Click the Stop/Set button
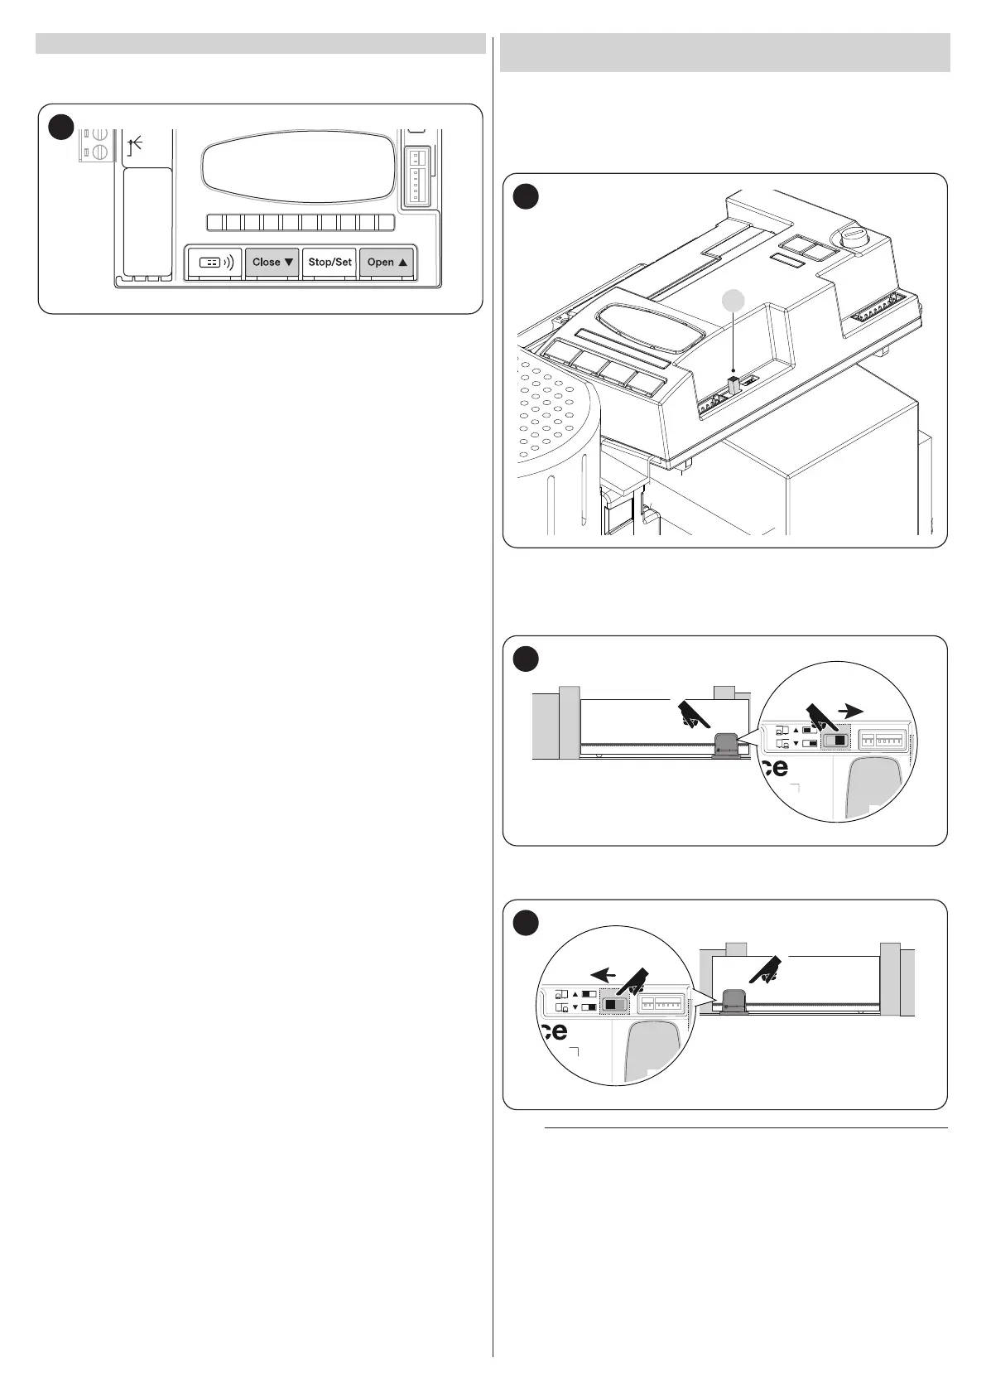329,262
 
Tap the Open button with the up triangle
387,262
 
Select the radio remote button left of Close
214,262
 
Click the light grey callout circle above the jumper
733,303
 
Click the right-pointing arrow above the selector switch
850,710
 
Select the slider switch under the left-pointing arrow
614,1003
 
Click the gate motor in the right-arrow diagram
726,745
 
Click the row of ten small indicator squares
300,222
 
